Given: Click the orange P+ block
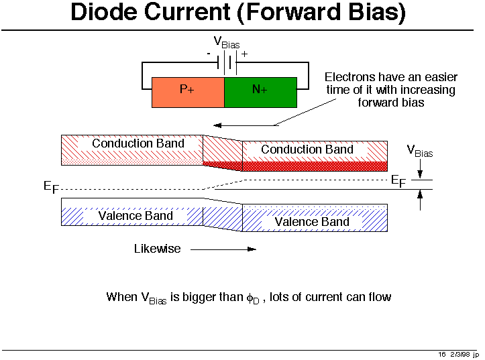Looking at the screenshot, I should [x=188, y=92].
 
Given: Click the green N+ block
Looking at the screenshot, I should [x=260, y=92].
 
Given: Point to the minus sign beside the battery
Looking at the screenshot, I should [x=209, y=53].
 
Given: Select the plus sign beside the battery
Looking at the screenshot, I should [x=244, y=54].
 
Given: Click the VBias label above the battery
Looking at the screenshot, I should [x=227, y=42].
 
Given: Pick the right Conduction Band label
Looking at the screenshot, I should [x=307, y=149].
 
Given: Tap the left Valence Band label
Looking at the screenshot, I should [x=136, y=215].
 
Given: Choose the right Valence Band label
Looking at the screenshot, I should [x=312, y=221].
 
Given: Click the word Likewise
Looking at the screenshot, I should [x=157, y=249].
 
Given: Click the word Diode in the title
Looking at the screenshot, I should [x=111, y=13].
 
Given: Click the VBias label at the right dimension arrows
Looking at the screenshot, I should [x=420, y=151].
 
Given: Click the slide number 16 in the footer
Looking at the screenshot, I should [x=442, y=354].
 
